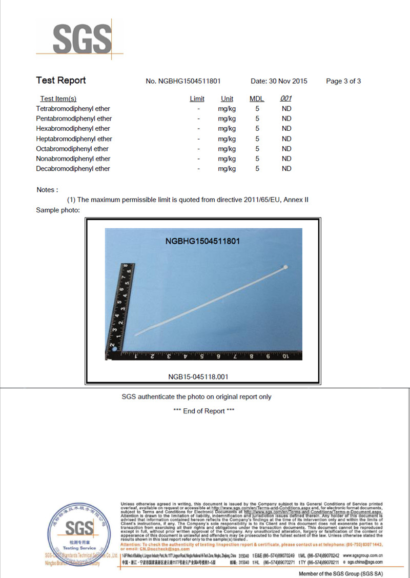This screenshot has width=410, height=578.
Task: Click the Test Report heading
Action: point(61,81)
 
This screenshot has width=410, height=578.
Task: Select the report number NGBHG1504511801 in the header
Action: point(183,81)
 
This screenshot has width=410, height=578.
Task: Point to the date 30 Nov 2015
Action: point(279,81)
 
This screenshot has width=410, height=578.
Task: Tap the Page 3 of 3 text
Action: point(343,81)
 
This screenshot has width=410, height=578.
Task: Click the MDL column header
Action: point(257,99)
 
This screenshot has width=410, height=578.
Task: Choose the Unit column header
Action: point(227,99)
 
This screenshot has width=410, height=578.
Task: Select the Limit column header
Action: point(197,99)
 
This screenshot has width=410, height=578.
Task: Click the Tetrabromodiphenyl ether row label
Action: point(73,109)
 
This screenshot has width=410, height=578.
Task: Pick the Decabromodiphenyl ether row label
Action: point(73,169)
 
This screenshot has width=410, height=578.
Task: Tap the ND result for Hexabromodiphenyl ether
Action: point(286,129)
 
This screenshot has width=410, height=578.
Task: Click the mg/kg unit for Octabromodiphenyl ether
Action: point(227,149)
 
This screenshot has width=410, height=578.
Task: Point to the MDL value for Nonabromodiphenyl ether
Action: point(257,159)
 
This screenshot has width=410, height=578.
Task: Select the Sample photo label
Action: point(58,210)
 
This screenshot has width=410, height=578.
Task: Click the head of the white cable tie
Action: point(284,268)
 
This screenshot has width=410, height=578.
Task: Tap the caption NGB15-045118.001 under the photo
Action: point(198,377)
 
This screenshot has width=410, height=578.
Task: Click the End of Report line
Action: point(204,411)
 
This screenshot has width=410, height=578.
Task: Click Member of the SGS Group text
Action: point(340,574)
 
